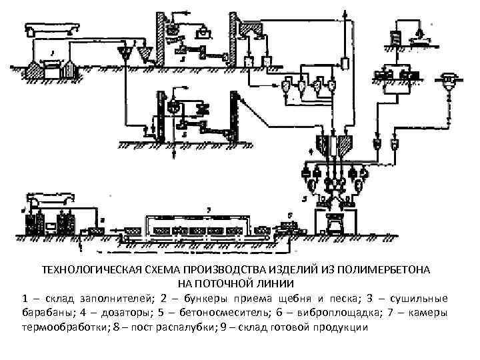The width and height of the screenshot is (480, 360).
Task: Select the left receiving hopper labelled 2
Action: click(x=124, y=53)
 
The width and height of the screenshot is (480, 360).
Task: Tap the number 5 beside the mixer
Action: click(x=305, y=198)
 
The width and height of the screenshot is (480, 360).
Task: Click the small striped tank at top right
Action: click(x=396, y=38)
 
